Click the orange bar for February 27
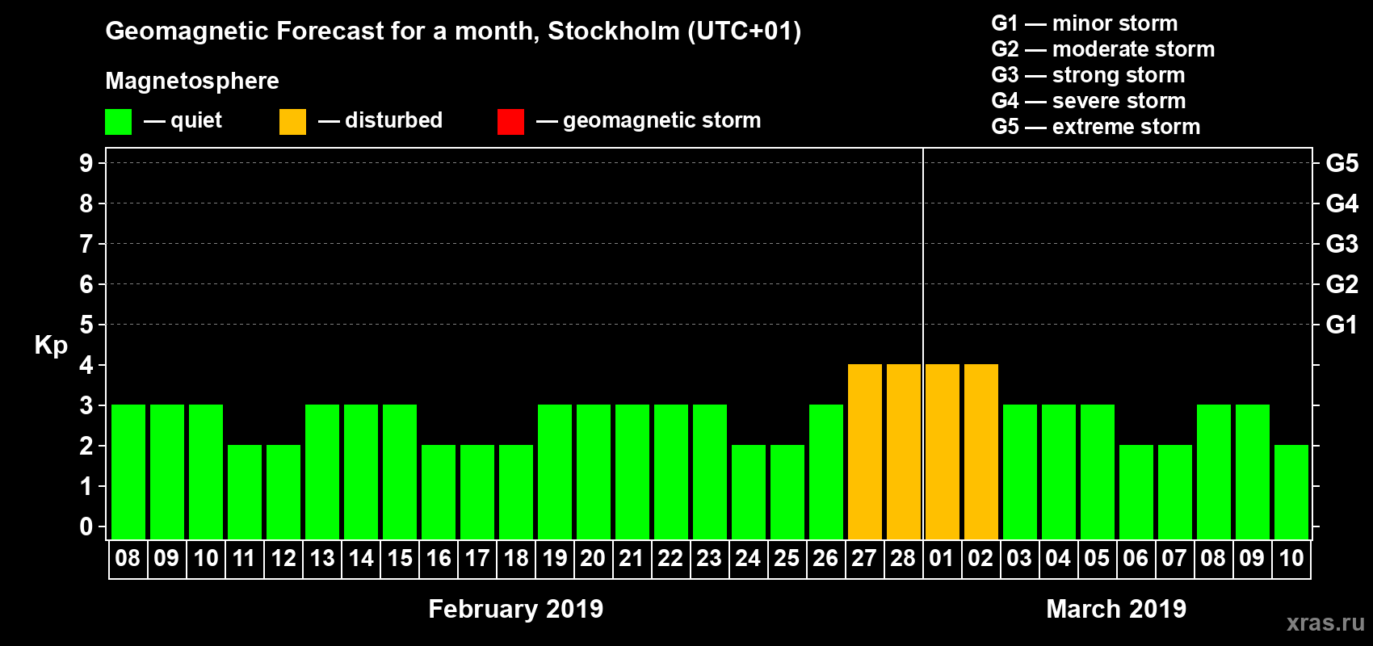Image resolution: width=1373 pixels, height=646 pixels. pyautogui.click(x=864, y=451)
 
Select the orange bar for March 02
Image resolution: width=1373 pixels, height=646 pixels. pyautogui.click(x=980, y=451)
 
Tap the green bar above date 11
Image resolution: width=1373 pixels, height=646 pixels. pyautogui.click(x=244, y=492)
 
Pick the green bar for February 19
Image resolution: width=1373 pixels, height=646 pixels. pyautogui.click(x=554, y=472)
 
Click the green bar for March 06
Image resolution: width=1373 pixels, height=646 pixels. pyautogui.click(x=1136, y=492)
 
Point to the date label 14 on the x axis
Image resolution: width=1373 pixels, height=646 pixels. pyautogui.click(x=360, y=558)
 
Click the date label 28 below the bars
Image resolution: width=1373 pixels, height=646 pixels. pyautogui.click(x=903, y=558)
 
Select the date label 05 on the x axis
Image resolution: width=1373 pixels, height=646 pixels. pyautogui.click(x=1097, y=558)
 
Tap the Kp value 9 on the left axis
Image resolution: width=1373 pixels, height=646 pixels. pyautogui.click(x=86, y=163)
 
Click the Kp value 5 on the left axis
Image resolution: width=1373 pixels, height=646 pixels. pyautogui.click(x=86, y=325)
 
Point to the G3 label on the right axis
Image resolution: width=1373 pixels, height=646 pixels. pyautogui.click(x=1342, y=244)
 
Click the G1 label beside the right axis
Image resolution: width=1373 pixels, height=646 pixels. pyautogui.click(x=1342, y=325)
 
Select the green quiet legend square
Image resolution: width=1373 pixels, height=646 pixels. pyautogui.click(x=119, y=122)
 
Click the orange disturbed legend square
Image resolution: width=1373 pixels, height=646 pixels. pyautogui.click(x=292, y=122)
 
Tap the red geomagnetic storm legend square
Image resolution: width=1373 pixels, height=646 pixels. pyautogui.click(x=510, y=122)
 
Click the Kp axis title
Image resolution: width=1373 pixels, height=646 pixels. pyautogui.click(x=51, y=346)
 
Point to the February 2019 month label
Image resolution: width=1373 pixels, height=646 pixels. pyautogui.click(x=515, y=609)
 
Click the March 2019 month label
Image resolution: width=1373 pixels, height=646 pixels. pyautogui.click(x=1116, y=609)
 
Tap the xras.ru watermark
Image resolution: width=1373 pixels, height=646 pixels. pyautogui.click(x=1325, y=623)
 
